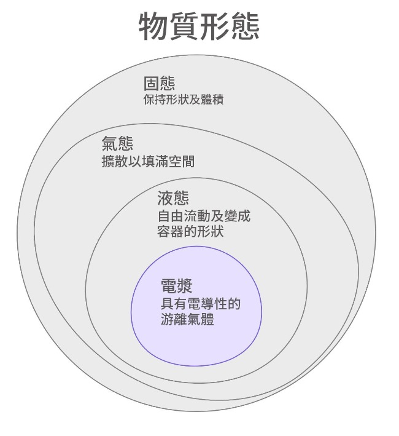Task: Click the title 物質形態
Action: click(199, 26)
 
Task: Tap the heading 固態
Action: click(159, 83)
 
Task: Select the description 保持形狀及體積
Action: click(183, 99)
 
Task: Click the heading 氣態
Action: click(117, 145)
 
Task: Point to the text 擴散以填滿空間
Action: click(149, 162)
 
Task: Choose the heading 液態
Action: click(173, 198)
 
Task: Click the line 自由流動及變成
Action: click(204, 216)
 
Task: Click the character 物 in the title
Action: click(154, 26)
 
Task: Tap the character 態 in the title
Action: click(245, 26)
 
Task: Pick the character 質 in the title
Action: click(184, 26)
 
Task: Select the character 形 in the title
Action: click(215, 26)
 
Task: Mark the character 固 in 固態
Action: click(151, 83)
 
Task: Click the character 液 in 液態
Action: click(165, 198)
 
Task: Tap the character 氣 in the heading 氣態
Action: click(109, 145)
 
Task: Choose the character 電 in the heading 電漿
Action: click(168, 285)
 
